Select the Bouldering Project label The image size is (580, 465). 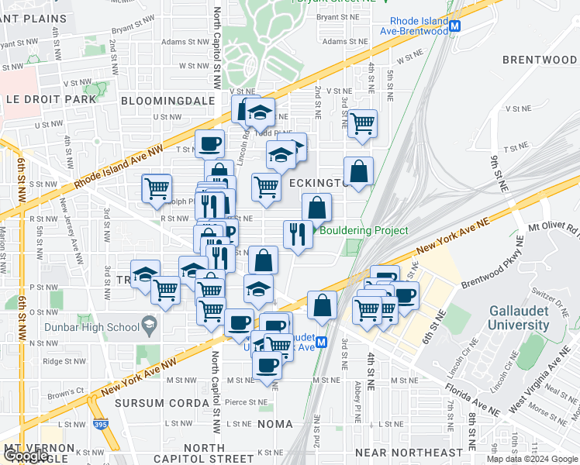tap(363, 230)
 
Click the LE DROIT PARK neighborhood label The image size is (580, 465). tap(51, 99)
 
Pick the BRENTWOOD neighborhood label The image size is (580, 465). tap(539, 60)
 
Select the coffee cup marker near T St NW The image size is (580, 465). tap(209, 143)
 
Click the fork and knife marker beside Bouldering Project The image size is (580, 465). tap(298, 232)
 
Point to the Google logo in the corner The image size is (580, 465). tap(25, 456)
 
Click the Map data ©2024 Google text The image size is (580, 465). tap(532, 459)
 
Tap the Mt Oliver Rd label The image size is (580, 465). tap(554, 229)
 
